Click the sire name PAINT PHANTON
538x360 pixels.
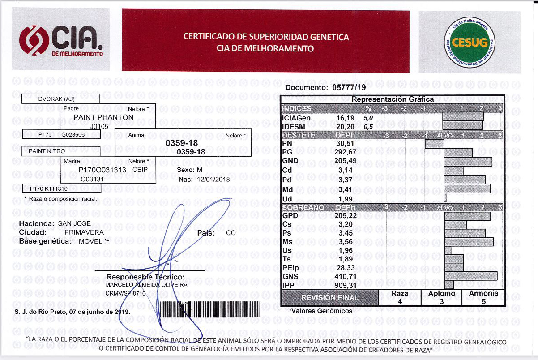(103, 117)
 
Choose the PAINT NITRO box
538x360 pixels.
(47, 151)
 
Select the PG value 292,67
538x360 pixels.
(345, 152)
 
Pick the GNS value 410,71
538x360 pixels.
(345, 276)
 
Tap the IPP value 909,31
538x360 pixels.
(345, 285)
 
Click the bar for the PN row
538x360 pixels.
(434, 144)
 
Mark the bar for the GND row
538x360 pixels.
(468, 161)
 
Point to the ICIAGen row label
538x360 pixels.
(296, 118)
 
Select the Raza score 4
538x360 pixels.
(399, 302)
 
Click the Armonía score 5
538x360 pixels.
(483, 302)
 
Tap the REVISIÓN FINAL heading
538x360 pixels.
(329, 298)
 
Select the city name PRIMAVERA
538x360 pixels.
(84, 232)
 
